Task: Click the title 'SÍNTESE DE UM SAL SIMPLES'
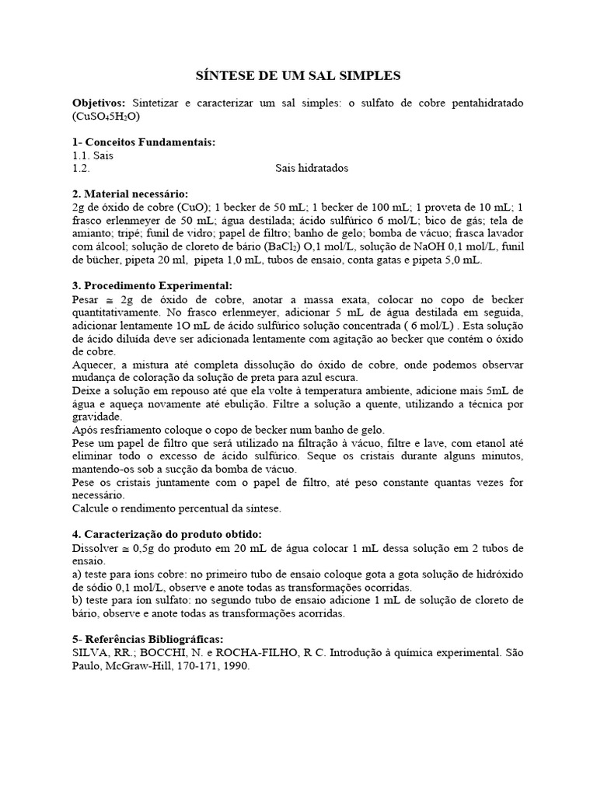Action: [297, 76]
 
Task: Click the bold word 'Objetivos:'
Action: [99, 103]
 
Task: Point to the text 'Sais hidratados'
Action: [312, 168]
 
